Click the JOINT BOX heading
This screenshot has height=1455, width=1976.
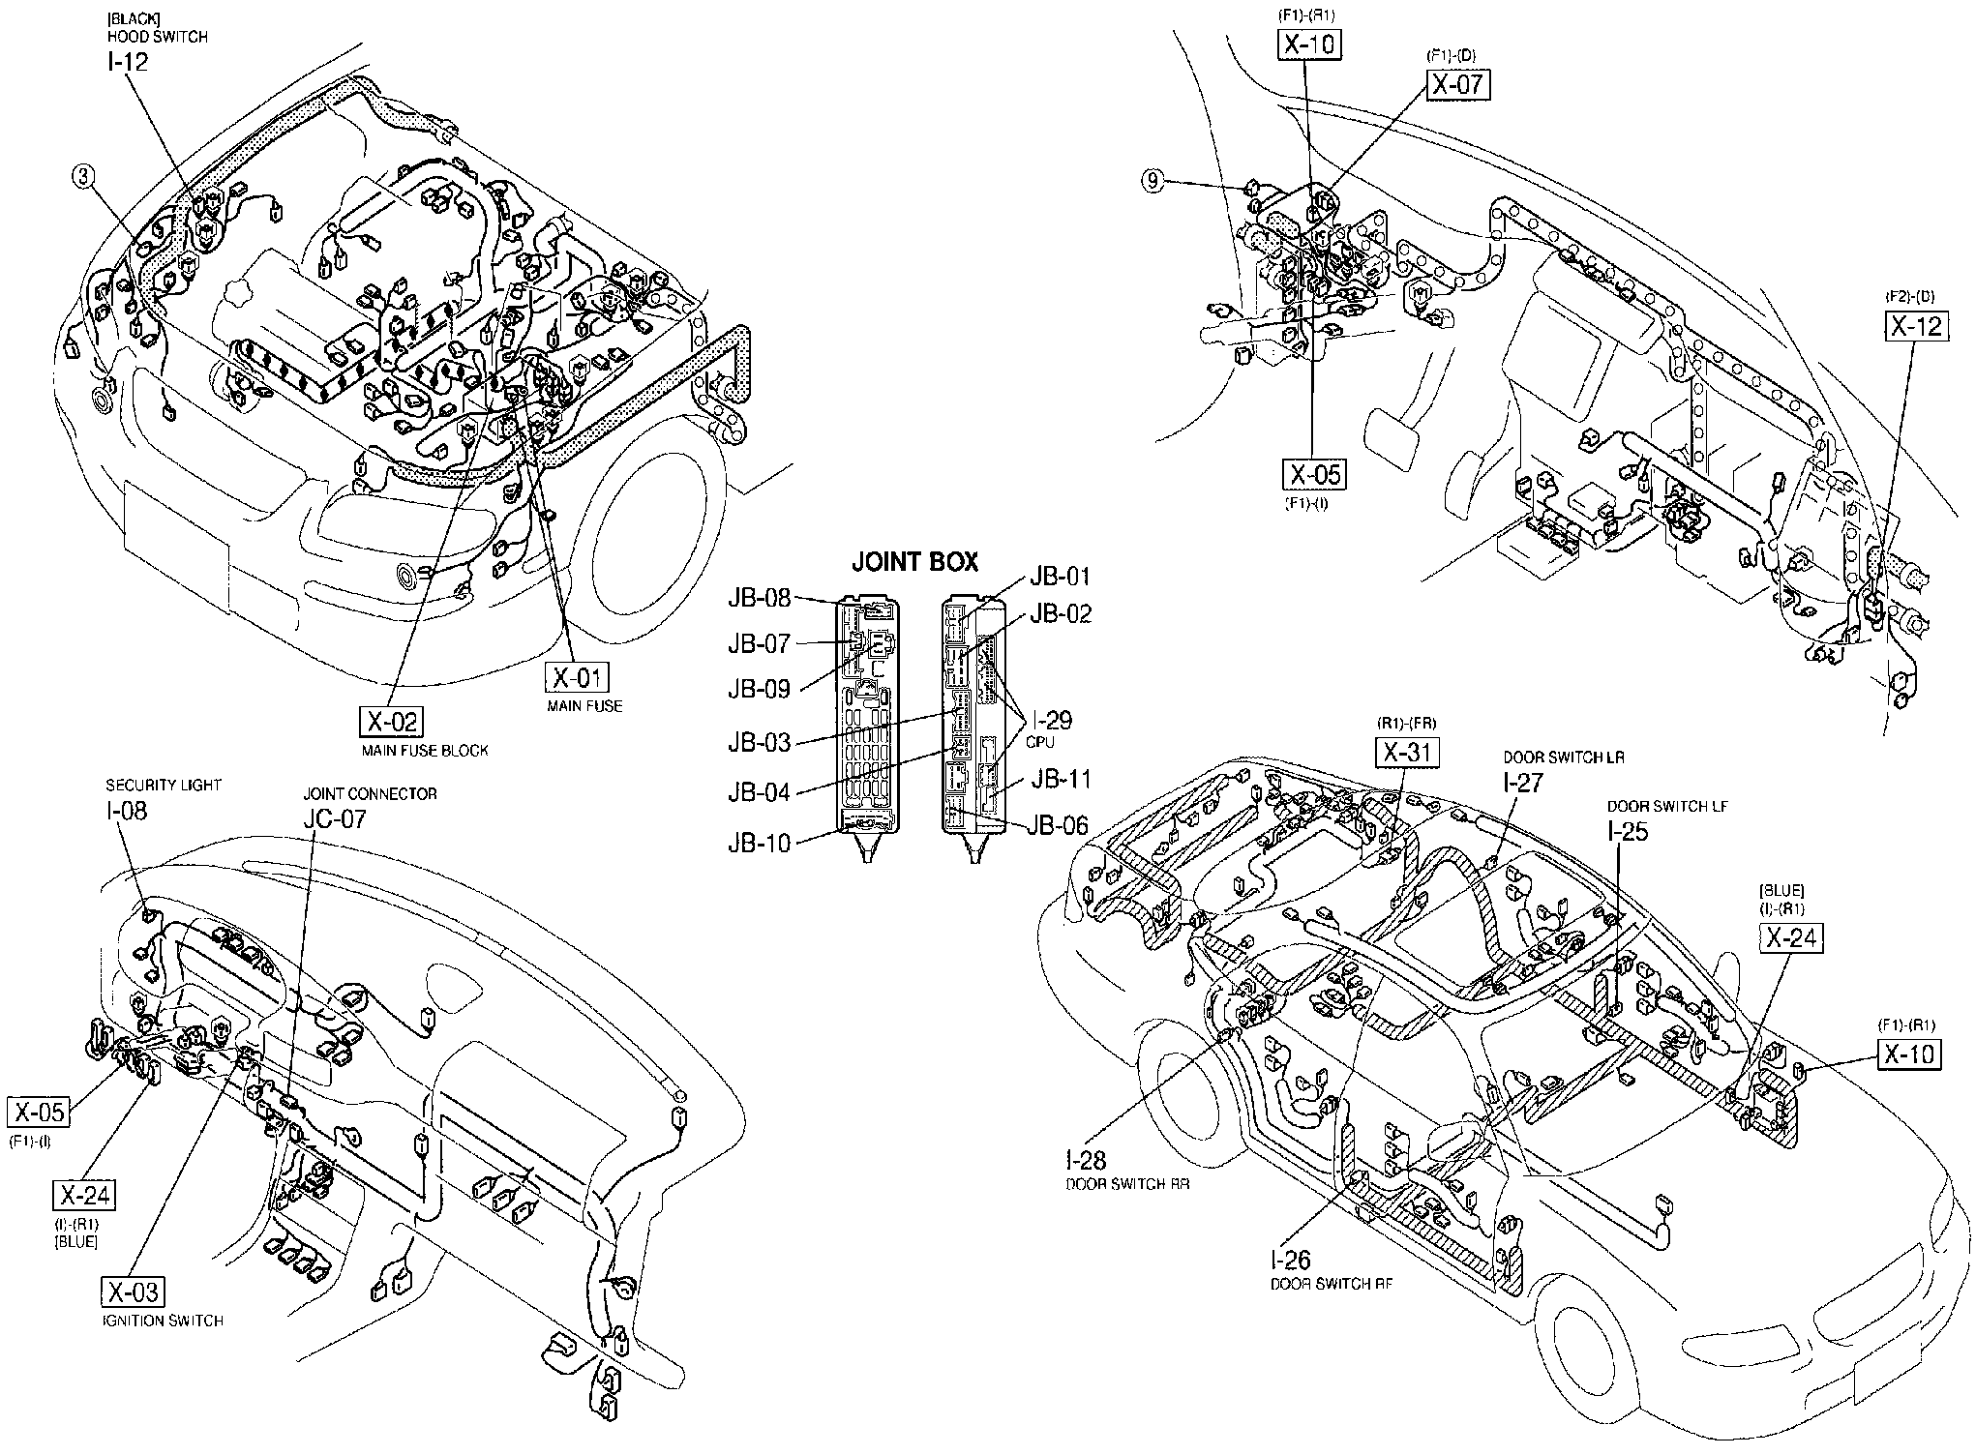(913, 561)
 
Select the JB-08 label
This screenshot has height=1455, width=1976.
(759, 598)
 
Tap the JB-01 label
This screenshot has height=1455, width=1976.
(1060, 576)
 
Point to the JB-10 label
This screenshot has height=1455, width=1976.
(759, 844)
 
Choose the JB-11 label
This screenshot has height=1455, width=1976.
(1060, 779)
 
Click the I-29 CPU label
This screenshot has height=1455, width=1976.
(1051, 721)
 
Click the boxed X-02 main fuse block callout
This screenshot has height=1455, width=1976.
(392, 722)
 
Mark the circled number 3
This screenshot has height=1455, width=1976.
(85, 176)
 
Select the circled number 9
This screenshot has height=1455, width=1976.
(1152, 181)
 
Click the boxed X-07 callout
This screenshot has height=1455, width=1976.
(1457, 84)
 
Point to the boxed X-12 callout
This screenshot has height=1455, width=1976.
(1917, 326)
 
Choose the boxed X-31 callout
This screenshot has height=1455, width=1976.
(1407, 752)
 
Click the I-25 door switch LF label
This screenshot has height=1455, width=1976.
(1627, 831)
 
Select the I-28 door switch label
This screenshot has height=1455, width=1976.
(1086, 1160)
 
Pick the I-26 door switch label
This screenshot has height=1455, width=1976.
(1290, 1261)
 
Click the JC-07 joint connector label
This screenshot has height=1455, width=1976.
(334, 818)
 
